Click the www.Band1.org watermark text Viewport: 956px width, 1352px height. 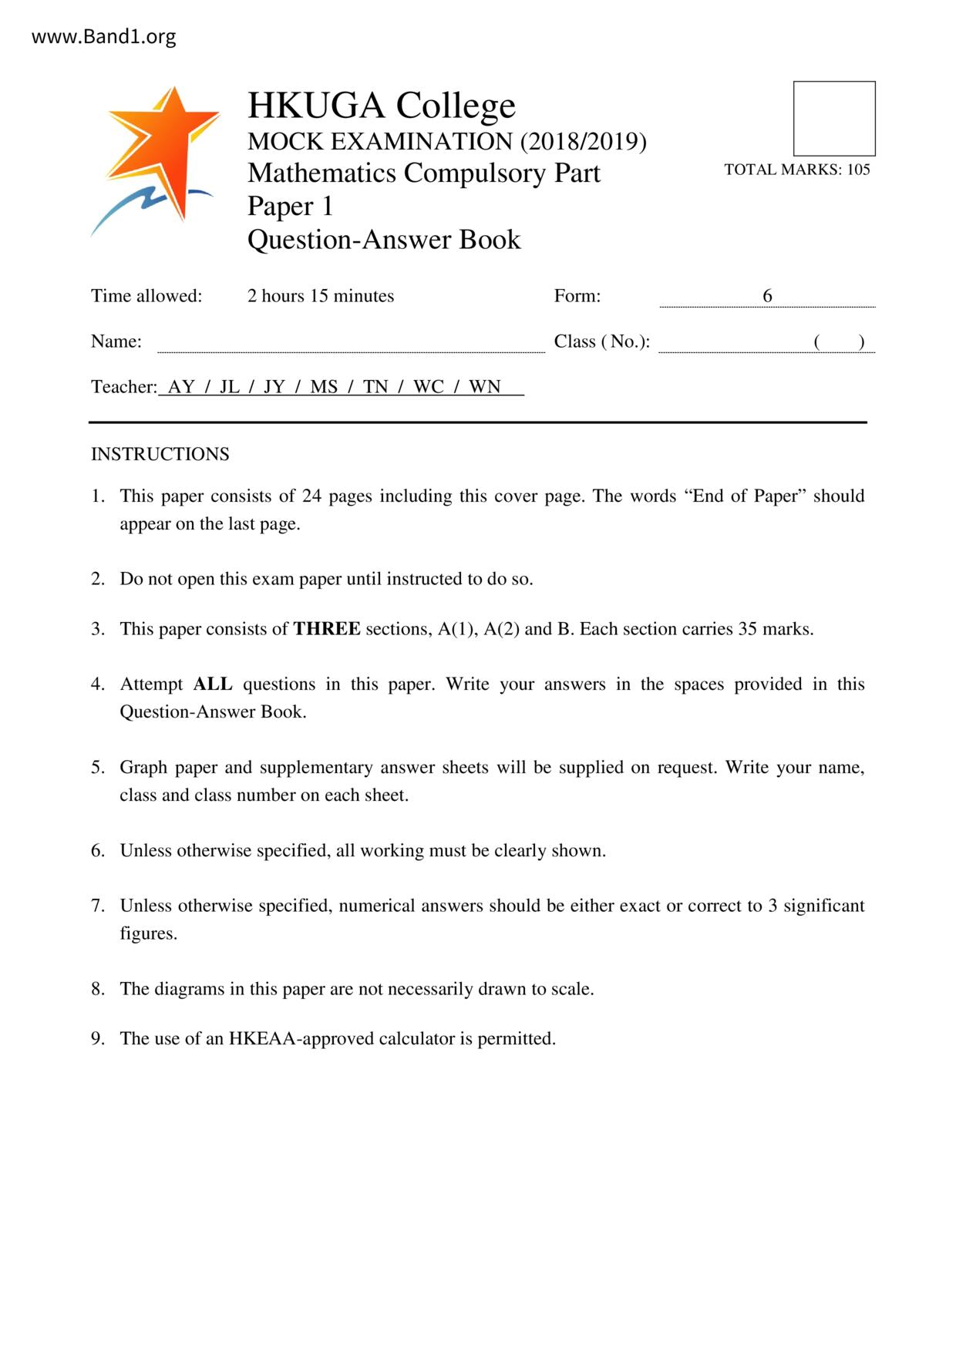click(103, 37)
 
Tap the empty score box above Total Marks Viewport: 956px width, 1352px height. click(834, 119)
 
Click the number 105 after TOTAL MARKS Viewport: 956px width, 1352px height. click(858, 170)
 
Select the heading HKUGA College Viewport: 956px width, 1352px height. click(381, 106)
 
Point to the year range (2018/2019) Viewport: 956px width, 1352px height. click(584, 142)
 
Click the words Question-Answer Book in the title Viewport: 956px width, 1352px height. click(384, 240)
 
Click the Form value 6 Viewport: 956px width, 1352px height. click(767, 296)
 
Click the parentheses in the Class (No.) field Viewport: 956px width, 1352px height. click(839, 342)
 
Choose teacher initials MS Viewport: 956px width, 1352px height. click(324, 387)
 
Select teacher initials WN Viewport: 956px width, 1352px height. click(485, 387)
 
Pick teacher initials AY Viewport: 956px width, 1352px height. click(181, 387)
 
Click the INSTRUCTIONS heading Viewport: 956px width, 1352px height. click(160, 454)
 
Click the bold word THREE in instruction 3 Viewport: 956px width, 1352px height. click(327, 629)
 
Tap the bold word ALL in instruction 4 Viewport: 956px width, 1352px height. click(213, 684)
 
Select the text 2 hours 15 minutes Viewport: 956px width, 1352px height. click(321, 296)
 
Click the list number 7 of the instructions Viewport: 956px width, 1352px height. click(97, 906)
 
